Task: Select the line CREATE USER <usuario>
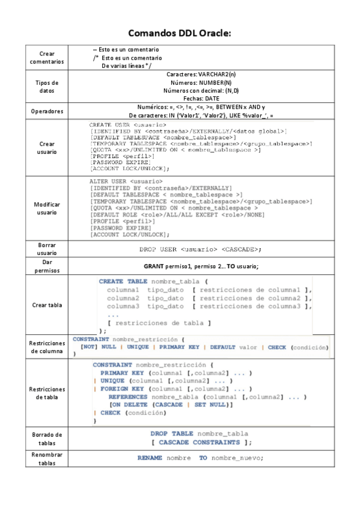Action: click(128, 124)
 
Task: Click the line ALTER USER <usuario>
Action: click(126, 181)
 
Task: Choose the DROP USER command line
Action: click(201, 249)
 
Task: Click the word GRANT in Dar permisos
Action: click(154, 266)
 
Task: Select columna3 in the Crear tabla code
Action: click(123, 306)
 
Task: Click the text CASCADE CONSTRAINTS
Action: click(199, 442)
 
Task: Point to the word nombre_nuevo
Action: click(236, 458)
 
